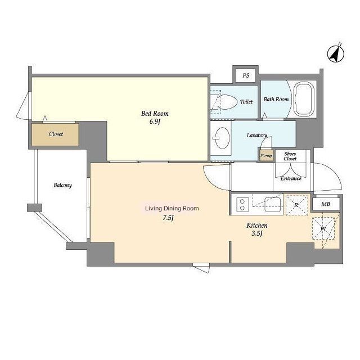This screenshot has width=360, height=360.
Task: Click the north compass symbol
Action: click(x=336, y=53)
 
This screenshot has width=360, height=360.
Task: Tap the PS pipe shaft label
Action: click(x=246, y=75)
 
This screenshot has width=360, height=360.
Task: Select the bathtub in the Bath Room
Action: click(x=304, y=99)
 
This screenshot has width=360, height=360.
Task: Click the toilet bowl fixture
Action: click(x=226, y=102)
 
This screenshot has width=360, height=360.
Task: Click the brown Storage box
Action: click(x=266, y=155)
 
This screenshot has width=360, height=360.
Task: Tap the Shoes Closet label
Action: click(x=290, y=156)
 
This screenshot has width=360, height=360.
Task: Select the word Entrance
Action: click(x=291, y=178)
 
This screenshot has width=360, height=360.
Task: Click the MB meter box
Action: click(x=326, y=204)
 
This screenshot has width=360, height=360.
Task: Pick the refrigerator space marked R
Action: click(x=296, y=204)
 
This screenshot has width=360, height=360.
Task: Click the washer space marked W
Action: click(x=323, y=228)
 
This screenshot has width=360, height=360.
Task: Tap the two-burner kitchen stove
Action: click(x=242, y=204)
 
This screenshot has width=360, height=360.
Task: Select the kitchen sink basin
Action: click(x=272, y=204)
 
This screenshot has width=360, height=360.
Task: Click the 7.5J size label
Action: click(x=168, y=218)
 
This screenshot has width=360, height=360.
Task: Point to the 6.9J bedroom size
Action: click(x=155, y=121)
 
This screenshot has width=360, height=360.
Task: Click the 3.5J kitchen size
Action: click(x=257, y=233)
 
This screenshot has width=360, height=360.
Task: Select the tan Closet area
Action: click(x=55, y=134)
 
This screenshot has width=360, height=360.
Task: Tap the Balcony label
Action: click(x=62, y=185)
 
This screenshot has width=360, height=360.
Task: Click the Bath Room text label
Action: click(x=276, y=100)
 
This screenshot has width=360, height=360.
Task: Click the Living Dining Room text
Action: click(x=172, y=209)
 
